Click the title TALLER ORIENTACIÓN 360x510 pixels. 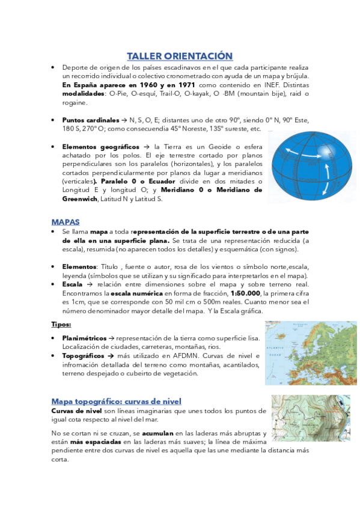coord(180,56)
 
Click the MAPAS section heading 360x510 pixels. coord(66,221)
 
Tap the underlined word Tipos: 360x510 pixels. coord(61,325)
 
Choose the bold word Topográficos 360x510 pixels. coord(84,356)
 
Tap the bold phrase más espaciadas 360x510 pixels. coord(89,442)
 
